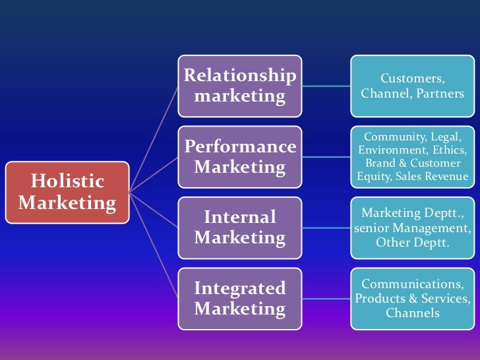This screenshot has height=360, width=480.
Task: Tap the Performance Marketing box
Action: coord(240,156)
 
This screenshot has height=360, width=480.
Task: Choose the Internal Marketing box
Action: coord(240,227)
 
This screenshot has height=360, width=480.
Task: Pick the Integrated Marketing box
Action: coord(240,298)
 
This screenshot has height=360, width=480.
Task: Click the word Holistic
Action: coord(68,181)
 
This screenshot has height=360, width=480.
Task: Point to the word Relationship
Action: coord(240,75)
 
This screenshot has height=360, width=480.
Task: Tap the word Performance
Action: coord(240,146)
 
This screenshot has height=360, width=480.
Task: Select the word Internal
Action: coord(240,217)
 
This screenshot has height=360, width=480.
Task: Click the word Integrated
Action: coord(240,288)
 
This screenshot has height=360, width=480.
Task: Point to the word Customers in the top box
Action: coord(412,79)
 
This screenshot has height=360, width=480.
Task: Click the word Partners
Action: coord(440,94)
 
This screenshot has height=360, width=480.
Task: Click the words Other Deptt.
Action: coord(412,242)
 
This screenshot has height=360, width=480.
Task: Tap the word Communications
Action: coord(412,284)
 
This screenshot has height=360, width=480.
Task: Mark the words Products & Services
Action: coord(412,298)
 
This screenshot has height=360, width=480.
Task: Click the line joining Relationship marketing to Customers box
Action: coord(324,86)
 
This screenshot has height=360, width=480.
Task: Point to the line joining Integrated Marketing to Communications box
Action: coord(324,298)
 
